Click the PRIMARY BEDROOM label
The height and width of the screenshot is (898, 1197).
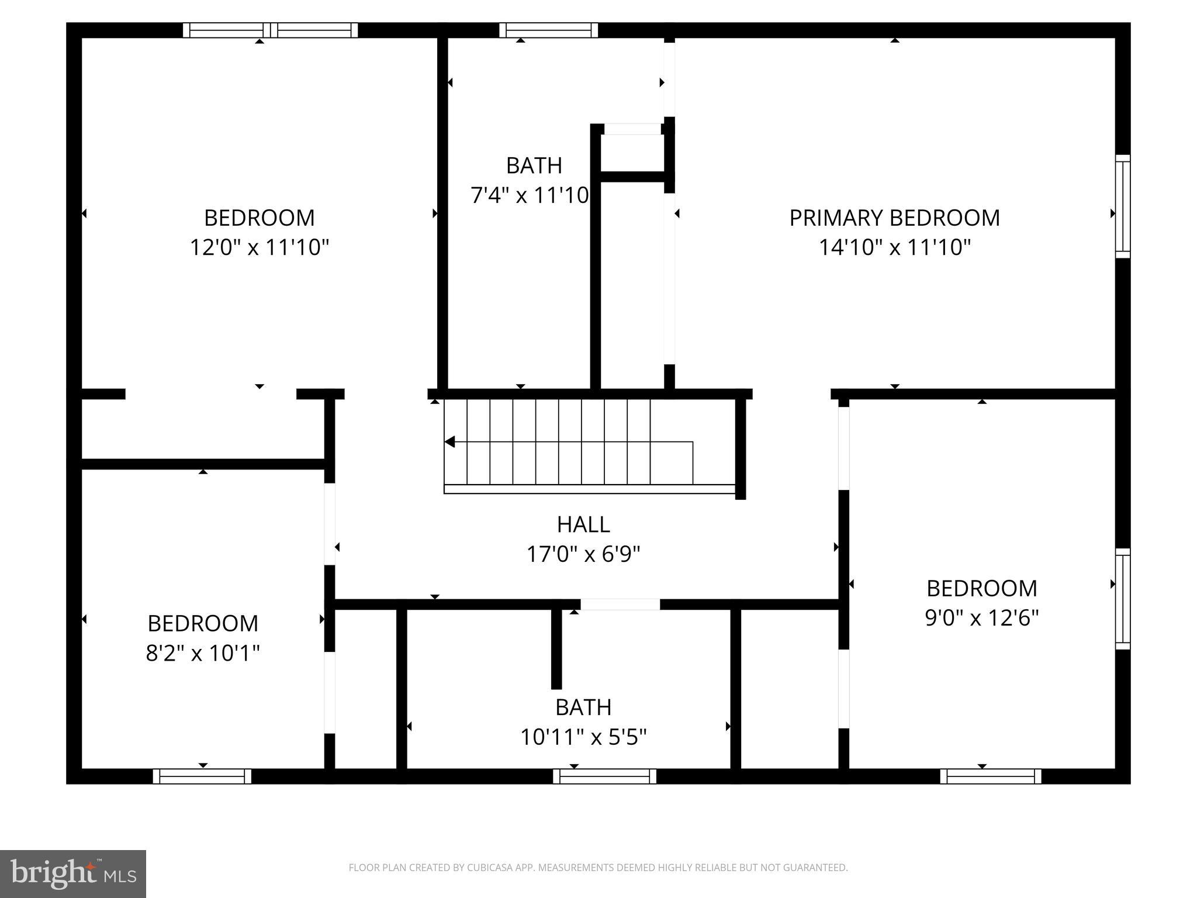tap(894, 218)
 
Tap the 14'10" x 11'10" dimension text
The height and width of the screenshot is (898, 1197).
tap(894, 247)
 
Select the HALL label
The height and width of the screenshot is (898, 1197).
tap(583, 524)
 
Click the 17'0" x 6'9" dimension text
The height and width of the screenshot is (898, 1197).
tap(583, 554)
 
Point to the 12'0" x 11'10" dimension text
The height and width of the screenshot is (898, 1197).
tap(260, 247)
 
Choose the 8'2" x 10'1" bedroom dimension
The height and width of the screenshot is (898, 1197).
tap(203, 652)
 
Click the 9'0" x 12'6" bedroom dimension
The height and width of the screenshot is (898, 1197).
tap(982, 617)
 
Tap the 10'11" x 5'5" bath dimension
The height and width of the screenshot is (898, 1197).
tap(583, 737)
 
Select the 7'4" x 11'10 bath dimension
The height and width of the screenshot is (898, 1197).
tap(530, 195)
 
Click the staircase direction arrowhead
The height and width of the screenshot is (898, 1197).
tap(450, 441)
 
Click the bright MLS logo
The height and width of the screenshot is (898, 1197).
tap(73, 873)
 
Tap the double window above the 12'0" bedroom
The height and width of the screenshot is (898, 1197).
tap(270, 30)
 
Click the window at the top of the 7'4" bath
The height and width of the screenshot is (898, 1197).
tap(548, 30)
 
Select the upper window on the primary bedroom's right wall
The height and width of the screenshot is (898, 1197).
tap(1123, 206)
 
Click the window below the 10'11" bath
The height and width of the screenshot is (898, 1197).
tap(604, 776)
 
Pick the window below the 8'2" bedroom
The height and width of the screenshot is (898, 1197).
tap(202, 776)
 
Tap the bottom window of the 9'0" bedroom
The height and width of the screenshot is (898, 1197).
tap(991, 776)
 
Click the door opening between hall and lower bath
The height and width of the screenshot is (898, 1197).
tap(620, 605)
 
